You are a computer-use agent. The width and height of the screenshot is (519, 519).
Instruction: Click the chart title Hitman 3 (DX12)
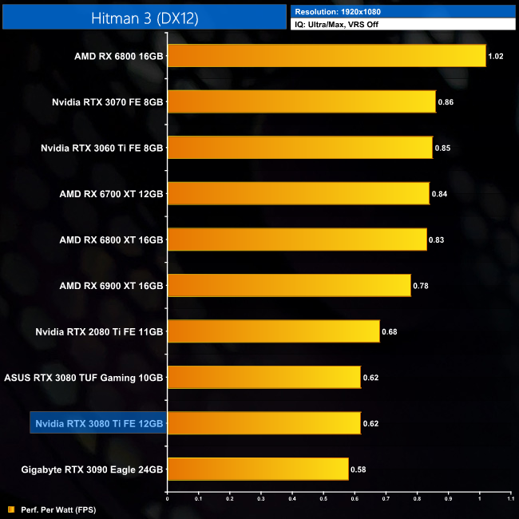click(144, 16)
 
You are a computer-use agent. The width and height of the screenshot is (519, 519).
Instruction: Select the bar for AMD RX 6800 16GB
click(326, 56)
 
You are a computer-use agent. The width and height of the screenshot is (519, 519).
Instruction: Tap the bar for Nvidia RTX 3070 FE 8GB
click(301, 101)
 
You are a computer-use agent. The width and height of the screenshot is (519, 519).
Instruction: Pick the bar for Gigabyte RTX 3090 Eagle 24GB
click(257, 469)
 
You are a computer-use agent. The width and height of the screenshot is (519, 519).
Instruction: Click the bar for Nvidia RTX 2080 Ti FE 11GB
click(273, 331)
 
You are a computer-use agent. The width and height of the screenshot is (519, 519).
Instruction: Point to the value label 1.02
click(497, 57)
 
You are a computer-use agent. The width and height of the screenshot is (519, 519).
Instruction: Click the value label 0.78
click(421, 285)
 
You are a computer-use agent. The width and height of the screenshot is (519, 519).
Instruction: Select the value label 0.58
click(359, 469)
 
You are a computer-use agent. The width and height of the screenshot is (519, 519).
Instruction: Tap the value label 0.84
click(439, 194)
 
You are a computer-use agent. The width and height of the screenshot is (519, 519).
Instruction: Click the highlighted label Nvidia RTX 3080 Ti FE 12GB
click(98, 423)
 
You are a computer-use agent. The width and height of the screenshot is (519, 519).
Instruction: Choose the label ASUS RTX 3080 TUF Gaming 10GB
click(84, 377)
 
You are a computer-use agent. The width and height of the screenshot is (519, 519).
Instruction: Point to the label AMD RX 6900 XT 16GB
click(111, 285)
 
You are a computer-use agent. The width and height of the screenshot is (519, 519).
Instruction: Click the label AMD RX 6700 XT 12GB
click(111, 194)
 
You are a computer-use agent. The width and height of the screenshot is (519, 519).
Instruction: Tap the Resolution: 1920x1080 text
click(336, 12)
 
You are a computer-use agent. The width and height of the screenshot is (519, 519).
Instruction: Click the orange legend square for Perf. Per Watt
click(10, 509)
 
